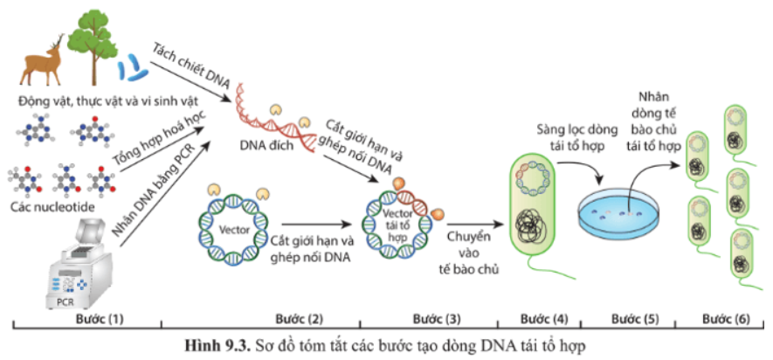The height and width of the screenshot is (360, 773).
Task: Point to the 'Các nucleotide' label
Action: pyautogui.click(x=52, y=208)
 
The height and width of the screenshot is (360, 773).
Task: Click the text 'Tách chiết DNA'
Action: pyautogui.click(x=190, y=66)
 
